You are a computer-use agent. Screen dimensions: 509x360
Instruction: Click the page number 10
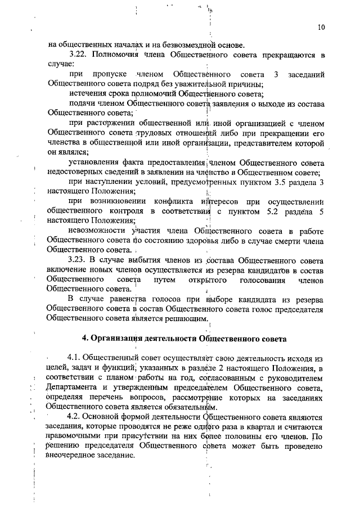(x=321, y=26)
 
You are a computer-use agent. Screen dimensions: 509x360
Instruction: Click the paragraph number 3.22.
(x=77, y=55)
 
